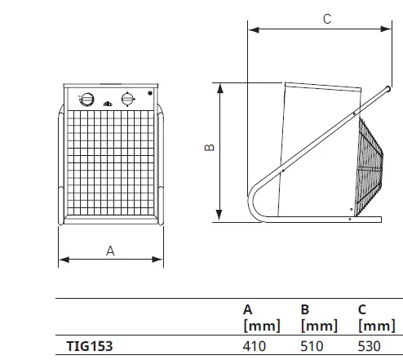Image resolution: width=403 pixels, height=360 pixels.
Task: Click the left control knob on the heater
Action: pos(85,99)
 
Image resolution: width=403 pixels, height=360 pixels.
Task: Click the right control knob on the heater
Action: pos(126,99)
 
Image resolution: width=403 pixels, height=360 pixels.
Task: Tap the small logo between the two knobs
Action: pos(107,102)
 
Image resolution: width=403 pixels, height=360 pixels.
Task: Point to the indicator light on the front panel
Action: pos(149,95)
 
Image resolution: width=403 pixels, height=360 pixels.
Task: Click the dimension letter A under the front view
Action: pos(110,251)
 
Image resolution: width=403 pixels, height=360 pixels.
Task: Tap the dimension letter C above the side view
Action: pos(326,18)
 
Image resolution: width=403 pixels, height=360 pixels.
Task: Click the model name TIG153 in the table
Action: pos(90,346)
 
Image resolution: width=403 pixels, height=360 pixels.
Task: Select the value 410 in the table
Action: pos(255,346)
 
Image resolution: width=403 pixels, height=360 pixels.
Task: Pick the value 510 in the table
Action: pos(312,346)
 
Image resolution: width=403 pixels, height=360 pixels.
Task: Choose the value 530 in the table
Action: pos(370,346)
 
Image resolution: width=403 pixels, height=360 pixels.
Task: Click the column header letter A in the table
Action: pos(248,309)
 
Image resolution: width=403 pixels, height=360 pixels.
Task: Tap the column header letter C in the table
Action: pos(362,309)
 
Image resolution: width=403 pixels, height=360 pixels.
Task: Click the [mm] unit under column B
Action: pos(319,325)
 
